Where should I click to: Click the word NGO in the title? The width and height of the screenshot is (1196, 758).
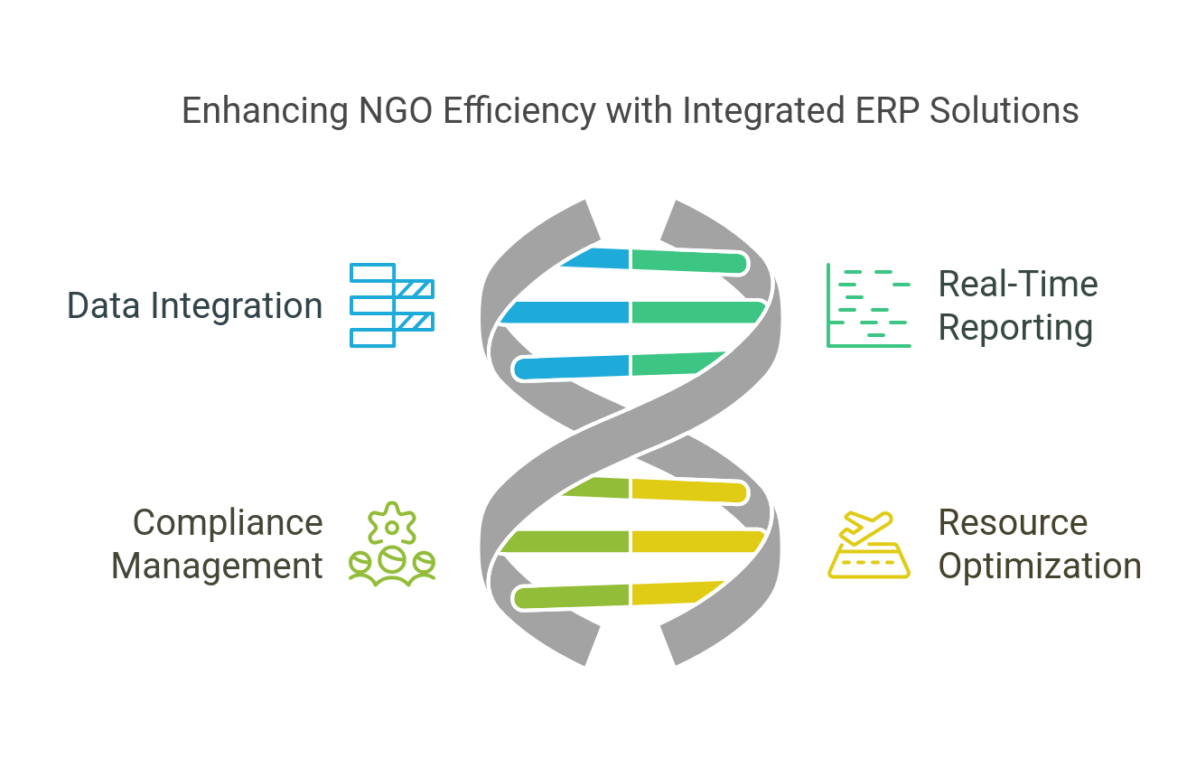pyautogui.click(x=395, y=110)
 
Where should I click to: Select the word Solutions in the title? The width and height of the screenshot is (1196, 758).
pyautogui.click(x=1004, y=110)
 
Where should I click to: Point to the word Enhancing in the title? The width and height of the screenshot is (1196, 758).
pyautogui.click(x=265, y=112)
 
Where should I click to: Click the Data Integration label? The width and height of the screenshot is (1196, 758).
pyautogui.click(x=195, y=306)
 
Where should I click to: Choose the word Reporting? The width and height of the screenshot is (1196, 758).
pyautogui.click(x=1015, y=329)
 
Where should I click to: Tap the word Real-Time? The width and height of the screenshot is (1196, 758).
pyautogui.click(x=1018, y=285)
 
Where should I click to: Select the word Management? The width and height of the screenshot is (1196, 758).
pyautogui.click(x=217, y=566)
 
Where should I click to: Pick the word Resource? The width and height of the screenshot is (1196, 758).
pyautogui.click(x=1013, y=522)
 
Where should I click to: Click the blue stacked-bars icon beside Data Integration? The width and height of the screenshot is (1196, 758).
pyautogui.click(x=392, y=305)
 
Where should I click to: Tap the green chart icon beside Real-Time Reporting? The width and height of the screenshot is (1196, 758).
pyautogui.click(x=868, y=305)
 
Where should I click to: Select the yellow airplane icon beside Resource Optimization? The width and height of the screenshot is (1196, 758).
pyautogui.click(x=868, y=545)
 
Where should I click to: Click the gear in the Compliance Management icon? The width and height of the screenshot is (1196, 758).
pyautogui.click(x=392, y=523)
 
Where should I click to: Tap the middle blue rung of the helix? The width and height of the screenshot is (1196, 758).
pyautogui.click(x=565, y=313)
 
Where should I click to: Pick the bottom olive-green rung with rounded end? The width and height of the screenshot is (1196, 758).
pyautogui.click(x=571, y=596)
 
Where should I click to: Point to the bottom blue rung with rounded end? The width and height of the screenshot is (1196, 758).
pyautogui.click(x=571, y=368)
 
